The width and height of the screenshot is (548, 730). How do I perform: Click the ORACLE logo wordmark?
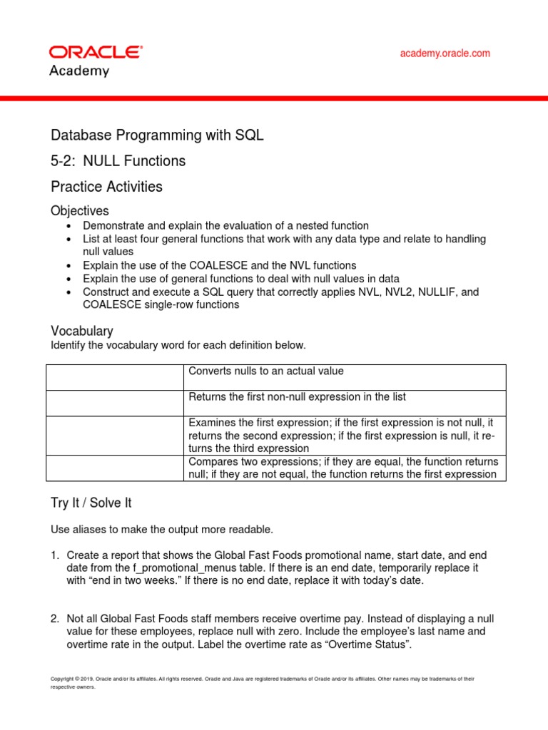(x=95, y=53)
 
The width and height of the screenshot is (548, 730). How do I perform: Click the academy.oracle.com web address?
(x=445, y=53)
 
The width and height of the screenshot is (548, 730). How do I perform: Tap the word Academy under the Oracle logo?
(x=78, y=71)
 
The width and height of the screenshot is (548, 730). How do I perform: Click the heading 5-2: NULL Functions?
(x=118, y=161)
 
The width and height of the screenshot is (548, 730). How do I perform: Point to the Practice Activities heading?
(x=106, y=187)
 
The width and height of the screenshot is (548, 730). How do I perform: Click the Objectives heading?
(x=79, y=211)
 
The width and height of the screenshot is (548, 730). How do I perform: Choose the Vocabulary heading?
(x=81, y=331)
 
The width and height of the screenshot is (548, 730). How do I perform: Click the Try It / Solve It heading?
(x=91, y=503)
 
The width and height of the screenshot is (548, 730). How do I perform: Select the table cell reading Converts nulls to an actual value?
(x=265, y=371)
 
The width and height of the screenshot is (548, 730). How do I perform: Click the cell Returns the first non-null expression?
(x=297, y=396)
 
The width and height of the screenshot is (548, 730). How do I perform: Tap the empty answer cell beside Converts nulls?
(x=115, y=377)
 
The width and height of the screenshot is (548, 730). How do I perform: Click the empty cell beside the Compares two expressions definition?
(x=115, y=468)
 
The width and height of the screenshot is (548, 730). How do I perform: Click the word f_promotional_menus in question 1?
(x=179, y=568)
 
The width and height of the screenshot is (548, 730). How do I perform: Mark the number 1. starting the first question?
(x=55, y=555)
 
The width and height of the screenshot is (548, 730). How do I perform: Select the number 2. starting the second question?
(x=55, y=619)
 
